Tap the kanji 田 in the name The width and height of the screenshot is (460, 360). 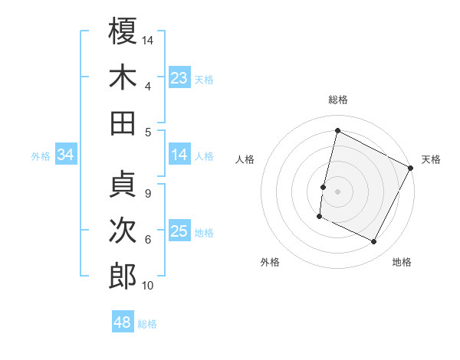point(123,123)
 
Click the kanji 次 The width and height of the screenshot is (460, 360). point(123,231)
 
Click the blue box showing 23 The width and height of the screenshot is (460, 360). point(179,78)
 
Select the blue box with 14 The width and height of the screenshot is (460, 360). point(179,155)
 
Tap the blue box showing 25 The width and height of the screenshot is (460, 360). point(179,231)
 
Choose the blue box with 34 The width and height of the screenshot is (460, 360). point(66,155)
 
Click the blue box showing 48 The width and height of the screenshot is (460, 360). point(123,322)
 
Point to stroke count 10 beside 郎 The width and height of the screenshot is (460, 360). point(148,286)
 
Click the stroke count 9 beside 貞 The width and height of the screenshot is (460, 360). point(148,194)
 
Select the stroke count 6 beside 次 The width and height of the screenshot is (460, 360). point(148,240)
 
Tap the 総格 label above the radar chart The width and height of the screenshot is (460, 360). point(338,100)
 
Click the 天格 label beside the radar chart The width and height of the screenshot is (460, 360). point(431,159)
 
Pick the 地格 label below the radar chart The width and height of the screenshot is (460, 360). point(402,262)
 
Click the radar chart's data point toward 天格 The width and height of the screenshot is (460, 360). point(411,168)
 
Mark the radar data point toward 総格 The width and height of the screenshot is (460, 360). point(337,130)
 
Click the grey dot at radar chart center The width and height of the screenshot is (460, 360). point(337,191)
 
